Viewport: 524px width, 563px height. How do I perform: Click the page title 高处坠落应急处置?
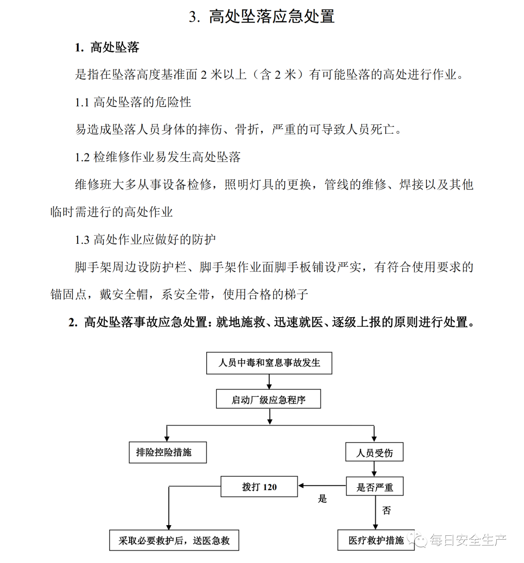click(271, 17)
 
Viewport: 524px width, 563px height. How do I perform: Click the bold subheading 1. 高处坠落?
click(107, 47)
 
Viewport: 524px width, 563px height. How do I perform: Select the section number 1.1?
click(82, 102)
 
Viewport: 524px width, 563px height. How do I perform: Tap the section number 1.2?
click(82, 157)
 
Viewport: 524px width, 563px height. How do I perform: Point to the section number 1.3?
click(82, 239)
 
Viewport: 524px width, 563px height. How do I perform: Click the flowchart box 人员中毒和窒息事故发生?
click(269, 363)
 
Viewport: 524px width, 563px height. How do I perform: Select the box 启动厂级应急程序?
click(268, 399)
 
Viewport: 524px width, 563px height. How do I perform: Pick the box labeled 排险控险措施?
click(168, 452)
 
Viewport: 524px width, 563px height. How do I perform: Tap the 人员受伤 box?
click(374, 452)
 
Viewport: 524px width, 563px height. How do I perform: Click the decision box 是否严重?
click(374, 487)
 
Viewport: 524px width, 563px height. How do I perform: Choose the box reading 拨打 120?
click(259, 487)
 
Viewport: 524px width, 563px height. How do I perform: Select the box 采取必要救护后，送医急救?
click(174, 540)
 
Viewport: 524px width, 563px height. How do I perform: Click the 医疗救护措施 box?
click(376, 540)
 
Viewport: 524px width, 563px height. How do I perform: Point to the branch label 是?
click(322, 499)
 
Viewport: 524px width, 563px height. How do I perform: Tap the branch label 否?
click(386, 510)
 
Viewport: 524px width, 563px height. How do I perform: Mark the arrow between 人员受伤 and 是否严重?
click(374, 469)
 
